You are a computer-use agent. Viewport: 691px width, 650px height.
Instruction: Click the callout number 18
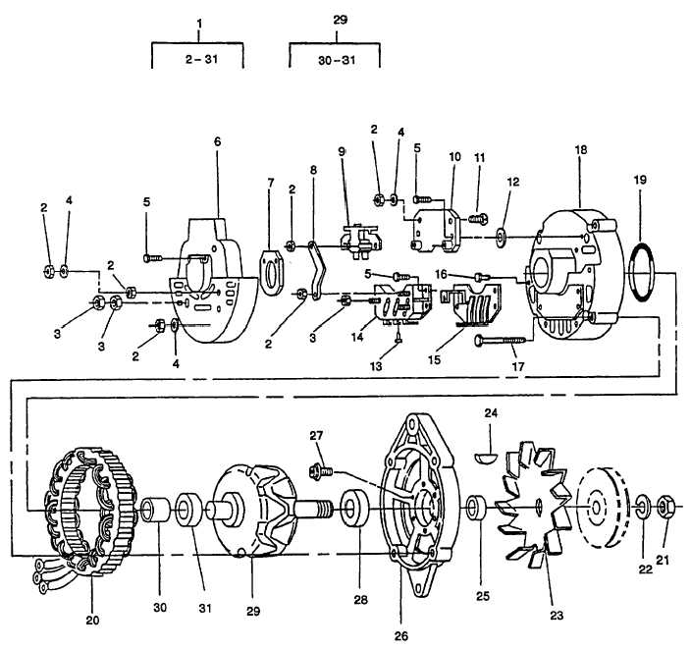click(x=581, y=150)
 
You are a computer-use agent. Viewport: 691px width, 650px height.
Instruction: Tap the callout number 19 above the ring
click(x=640, y=180)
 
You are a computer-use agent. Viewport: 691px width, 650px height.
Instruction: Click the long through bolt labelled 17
click(x=501, y=340)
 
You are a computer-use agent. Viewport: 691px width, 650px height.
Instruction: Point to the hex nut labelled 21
click(x=665, y=506)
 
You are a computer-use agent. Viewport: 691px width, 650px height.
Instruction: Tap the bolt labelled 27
click(x=320, y=472)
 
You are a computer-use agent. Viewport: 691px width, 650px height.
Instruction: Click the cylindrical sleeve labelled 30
click(x=155, y=510)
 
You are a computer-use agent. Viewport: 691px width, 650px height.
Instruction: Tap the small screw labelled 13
click(x=399, y=338)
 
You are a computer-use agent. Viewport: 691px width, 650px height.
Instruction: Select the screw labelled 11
click(x=478, y=218)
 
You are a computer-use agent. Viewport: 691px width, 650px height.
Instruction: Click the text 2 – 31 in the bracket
click(x=202, y=59)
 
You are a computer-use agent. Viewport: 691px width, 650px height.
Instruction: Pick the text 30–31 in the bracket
click(x=337, y=60)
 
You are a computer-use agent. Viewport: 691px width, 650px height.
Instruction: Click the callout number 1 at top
click(x=199, y=23)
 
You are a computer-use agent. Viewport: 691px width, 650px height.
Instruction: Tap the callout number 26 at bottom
click(x=401, y=636)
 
